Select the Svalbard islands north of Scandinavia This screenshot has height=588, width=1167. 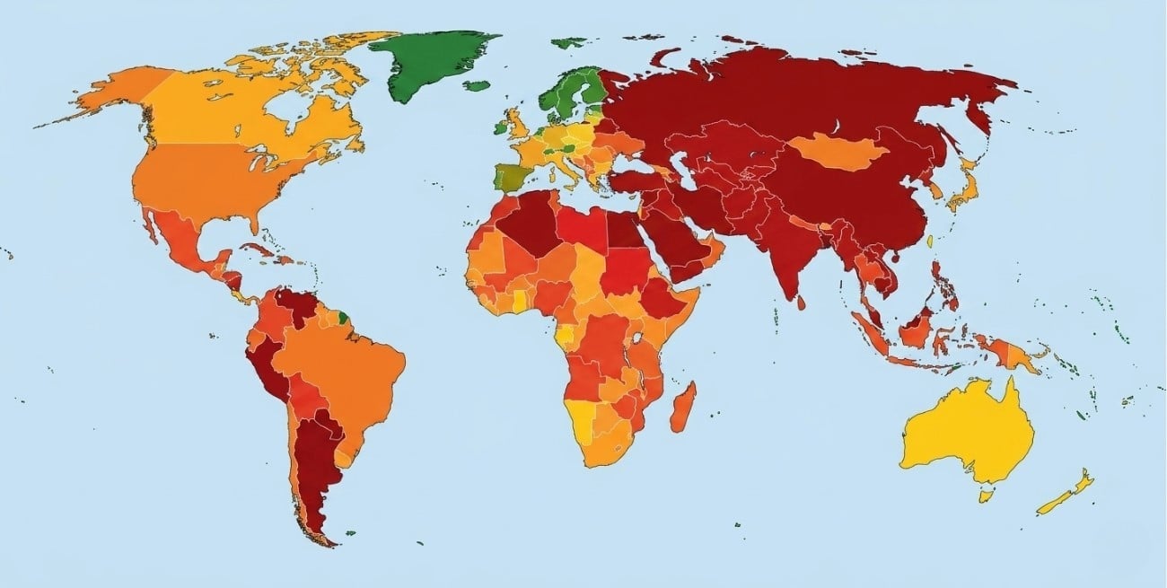[568, 41]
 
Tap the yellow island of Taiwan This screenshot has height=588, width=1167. [931, 241]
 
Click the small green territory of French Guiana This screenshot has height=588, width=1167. [343, 317]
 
